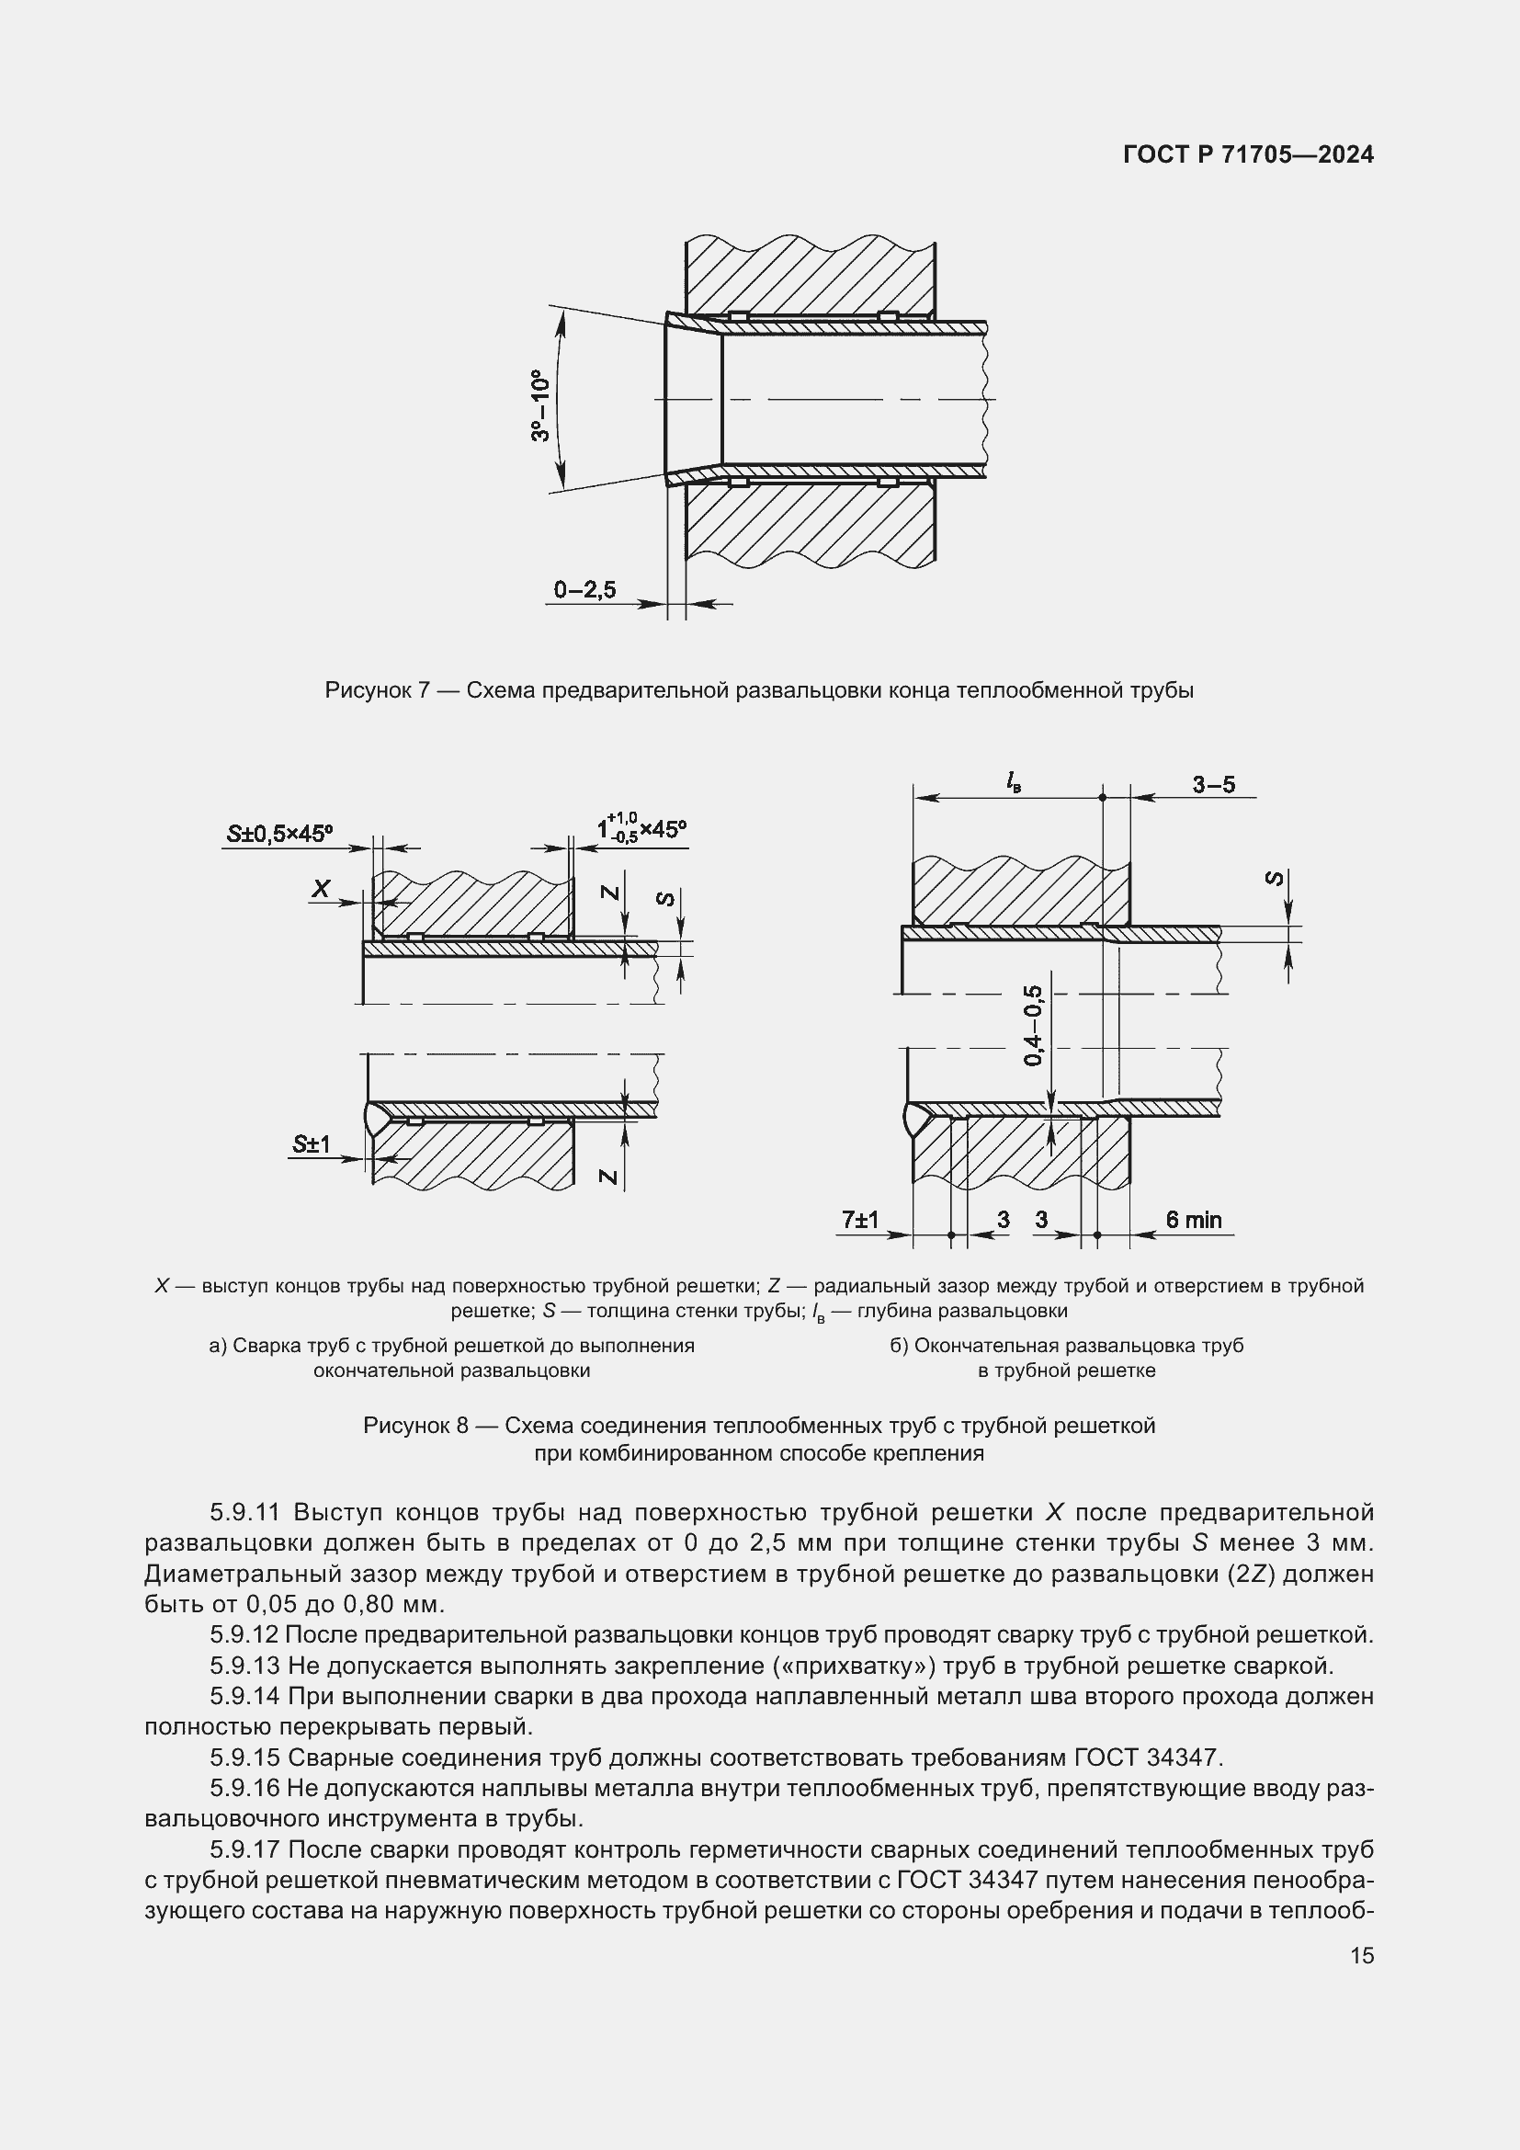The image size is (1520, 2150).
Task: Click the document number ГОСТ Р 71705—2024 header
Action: point(1248,154)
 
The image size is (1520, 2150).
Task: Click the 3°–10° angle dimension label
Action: point(541,404)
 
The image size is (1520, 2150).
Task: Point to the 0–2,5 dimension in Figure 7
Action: point(585,590)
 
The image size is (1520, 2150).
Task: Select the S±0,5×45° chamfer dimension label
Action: point(280,834)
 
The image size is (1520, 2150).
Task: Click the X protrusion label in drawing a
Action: point(321,889)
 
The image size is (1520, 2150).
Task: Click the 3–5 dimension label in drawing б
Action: point(1213,785)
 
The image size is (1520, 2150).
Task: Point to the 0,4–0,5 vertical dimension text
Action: point(1033,1026)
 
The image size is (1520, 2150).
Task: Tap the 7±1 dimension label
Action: point(860,1219)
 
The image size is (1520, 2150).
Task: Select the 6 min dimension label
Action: point(1194,1219)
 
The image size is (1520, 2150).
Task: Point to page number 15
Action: point(1362,1955)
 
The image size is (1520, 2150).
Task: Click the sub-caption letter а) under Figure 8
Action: point(218,1346)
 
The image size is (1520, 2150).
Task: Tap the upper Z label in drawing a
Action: point(610,893)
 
